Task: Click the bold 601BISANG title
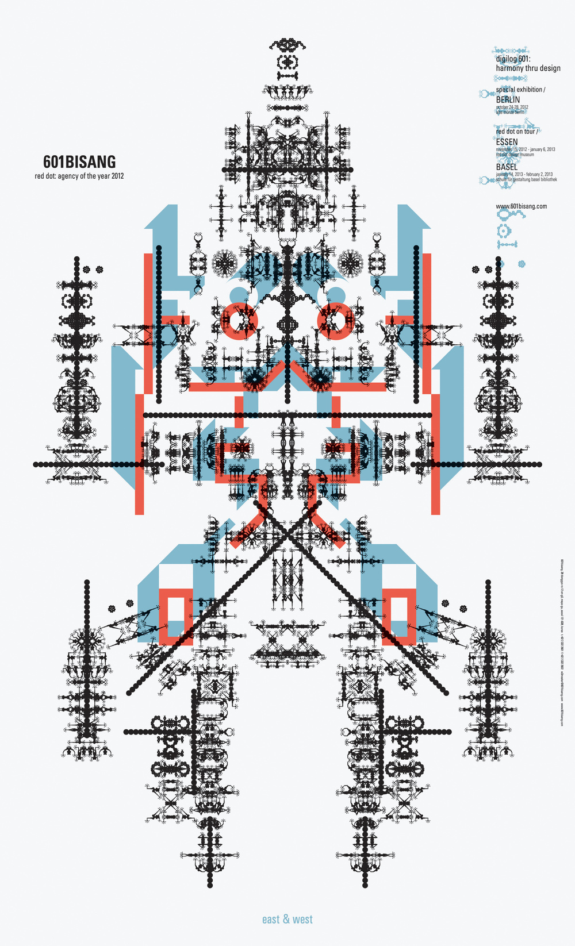pyautogui.click(x=79, y=162)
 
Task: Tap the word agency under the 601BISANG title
pyautogui.click(x=71, y=176)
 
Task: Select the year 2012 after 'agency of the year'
pyautogui.click(x=117, y=176)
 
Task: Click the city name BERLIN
pyautogui.click(x=508, y=99)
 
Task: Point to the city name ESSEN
pyautogui.click(x=507, y=142)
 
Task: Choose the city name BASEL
pyautogui.click(x=507, y=167)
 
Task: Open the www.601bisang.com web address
pyautogui.click(x=521, y=206)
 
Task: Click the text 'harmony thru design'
pyautogui.click(x=528, y=68)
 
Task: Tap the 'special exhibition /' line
pyautogui.click(x=520, y=90)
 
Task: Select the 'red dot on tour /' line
pyautogui.click(x=517, y=132)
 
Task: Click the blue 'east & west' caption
pyautogui.click(x=287, y=920)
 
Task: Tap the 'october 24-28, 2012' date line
pyautogui.click(x=512, y=107)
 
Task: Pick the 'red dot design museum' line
pyautogui.click(x=515, y=155)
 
